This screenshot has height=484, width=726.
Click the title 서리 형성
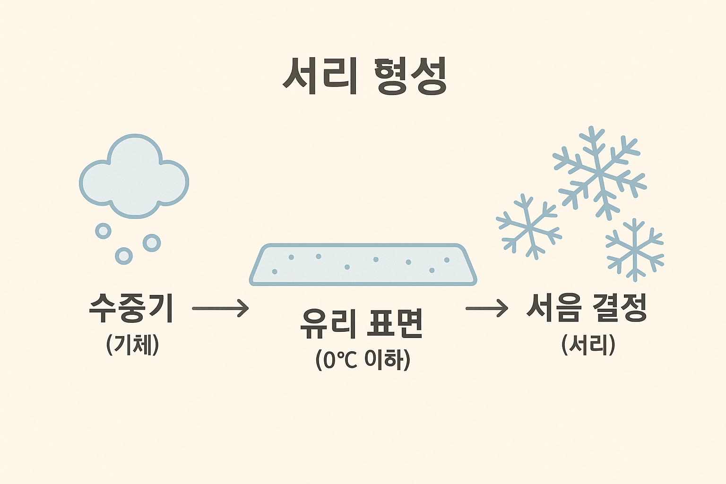tap(364, 77)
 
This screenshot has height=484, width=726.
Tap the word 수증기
tap(131, 308)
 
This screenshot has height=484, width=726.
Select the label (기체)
tap(133, 345)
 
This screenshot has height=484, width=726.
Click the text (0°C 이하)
tap(363, 360)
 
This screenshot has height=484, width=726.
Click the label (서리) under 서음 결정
tap(588, 345)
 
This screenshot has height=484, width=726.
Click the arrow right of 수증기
tap(220, 308)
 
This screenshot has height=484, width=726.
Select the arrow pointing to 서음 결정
tap(486, 308)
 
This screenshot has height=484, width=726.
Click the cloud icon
tap(134, 177)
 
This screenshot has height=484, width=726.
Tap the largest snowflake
tap(599, 173)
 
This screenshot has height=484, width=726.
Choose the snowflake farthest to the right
tap(634, 250)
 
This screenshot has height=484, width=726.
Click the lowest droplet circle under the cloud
tap(124, 256)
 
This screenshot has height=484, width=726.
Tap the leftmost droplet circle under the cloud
tap(103, 231)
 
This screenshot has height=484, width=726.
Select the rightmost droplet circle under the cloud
tap(152, 243)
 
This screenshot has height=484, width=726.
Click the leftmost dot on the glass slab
tap(275, 271)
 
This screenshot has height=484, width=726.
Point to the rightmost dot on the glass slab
tap(447, 259)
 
